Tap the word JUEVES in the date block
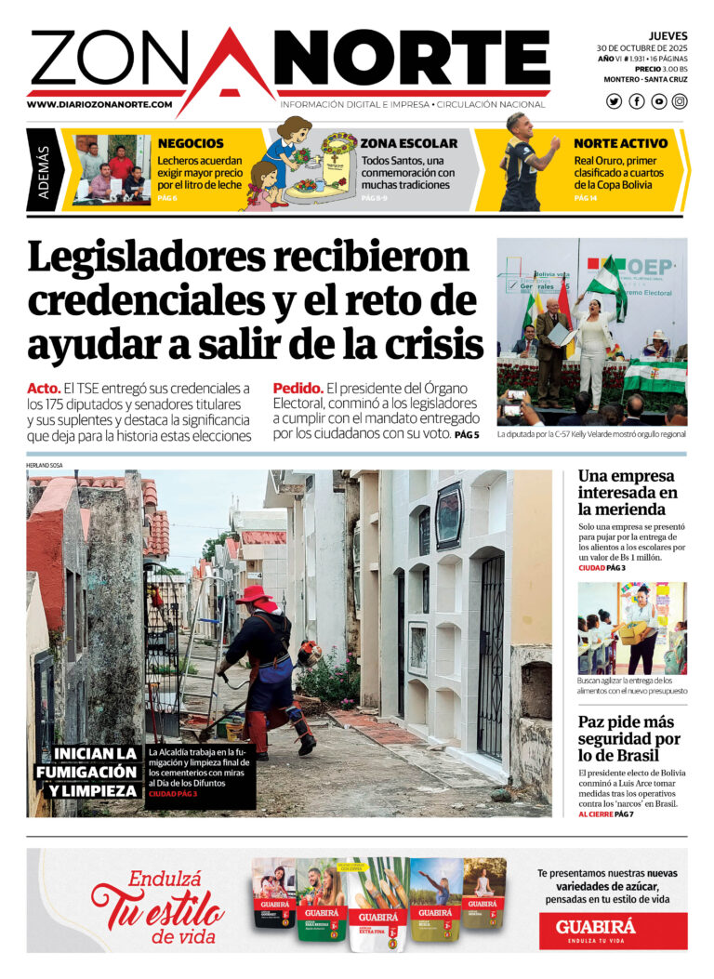click(x=668, y=36)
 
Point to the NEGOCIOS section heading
click(x=191, y=143)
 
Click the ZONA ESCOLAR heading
click(x=408, y=143)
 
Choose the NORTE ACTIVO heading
click(x=620, y=143)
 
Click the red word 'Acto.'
click(x=44, y=388)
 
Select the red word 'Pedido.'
click(x=297, y=388)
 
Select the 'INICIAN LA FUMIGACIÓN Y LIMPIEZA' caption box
click(x=86, y=772)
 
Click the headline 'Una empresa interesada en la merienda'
click(x=628, y=493)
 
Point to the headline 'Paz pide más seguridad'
click(x=628, y=739)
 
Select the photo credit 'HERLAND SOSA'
click(x=46, y=465)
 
